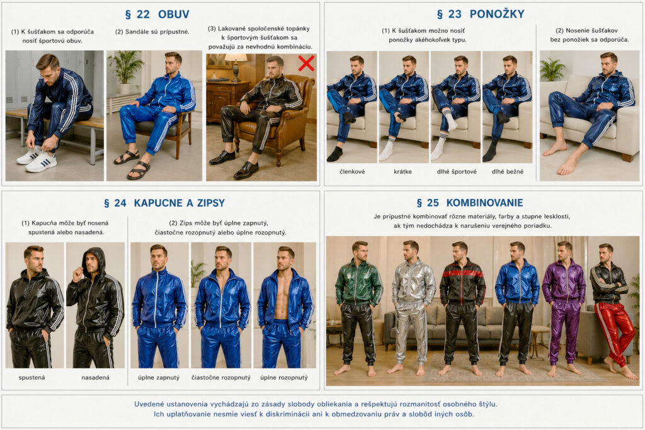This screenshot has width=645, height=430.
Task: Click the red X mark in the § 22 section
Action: pyautogui.click(x=307, y=64)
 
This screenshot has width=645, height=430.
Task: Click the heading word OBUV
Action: pyautogui.click(x=174, y=14)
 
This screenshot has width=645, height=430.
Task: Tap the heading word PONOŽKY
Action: pyautogui.click(x=497, y=14)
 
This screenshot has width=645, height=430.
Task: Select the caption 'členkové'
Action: pyautogui.click(x=352, y=171)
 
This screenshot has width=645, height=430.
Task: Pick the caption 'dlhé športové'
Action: pyautogui.click(x=457, y=171)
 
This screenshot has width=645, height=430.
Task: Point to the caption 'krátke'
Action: pyautogui.click(x=402, y=171)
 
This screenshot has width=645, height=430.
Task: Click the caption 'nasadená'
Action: pyautogui.click(x=96, y=377)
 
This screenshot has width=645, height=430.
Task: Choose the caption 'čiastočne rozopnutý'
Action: pyautogui.click(x=221, y=377)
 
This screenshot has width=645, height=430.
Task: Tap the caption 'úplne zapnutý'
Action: pyautogui.click(x=159, y=377)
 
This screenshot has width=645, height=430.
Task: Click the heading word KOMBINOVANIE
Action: pyautogui.click(x=484, y=203)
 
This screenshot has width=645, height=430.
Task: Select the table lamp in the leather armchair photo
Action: pyautogui.click(x=236, y=65)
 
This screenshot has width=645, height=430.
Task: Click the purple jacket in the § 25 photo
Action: pyautogui.click(x=564, y=282)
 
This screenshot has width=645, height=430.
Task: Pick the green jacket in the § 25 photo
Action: pyautogui.click(x=358, y=283)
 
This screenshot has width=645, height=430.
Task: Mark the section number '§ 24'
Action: pyautogui.click(x=115, y=203)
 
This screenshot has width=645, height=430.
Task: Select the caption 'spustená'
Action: pyautogui.click(x=31, y=377)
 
